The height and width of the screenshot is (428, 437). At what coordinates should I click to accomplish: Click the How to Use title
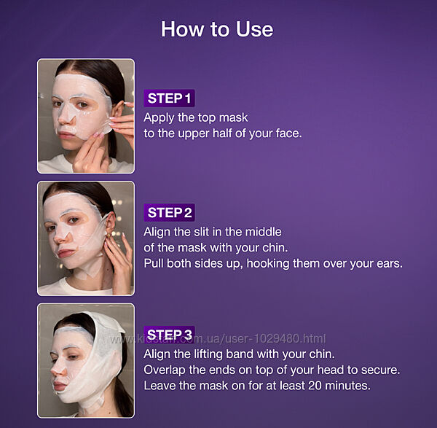[x=217, y=29]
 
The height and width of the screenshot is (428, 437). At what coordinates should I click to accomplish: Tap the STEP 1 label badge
[x=169, y=98]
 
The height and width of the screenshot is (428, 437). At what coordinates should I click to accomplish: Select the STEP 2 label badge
[x=169, y=213]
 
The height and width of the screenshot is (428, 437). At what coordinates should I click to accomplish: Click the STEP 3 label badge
[x=169, y=335]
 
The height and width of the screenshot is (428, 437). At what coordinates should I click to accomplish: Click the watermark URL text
[x=218, y=339]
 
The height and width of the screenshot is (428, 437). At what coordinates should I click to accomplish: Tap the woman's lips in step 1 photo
[x=66, y=136]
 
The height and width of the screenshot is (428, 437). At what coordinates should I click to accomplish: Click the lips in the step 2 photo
[x=64, y=253]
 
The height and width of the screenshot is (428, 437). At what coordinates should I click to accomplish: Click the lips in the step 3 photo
[x=59, y=386]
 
